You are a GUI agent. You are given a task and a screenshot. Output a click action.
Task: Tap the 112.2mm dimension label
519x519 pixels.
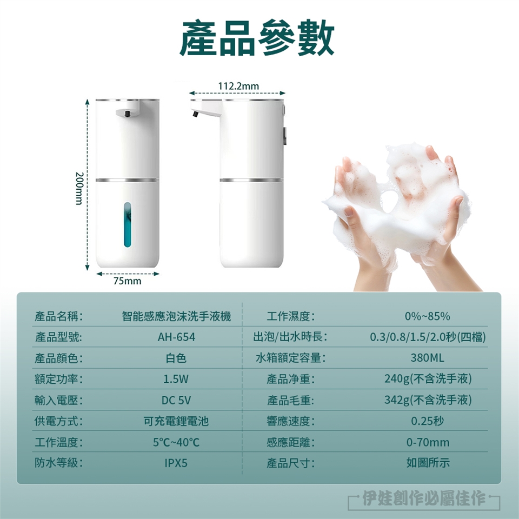[x=238, y=86]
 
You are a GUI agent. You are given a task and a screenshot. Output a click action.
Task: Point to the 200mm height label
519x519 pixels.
[x=79, y=188]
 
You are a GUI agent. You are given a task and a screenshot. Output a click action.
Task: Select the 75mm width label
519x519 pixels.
[x=127, y=281]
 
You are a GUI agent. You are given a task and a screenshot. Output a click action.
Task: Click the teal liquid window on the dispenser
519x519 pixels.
[x=128, y=225]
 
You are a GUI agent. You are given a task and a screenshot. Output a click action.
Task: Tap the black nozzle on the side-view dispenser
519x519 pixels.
[x=195, y=114]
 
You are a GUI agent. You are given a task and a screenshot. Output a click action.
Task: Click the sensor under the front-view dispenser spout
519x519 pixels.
[x=127, y=114]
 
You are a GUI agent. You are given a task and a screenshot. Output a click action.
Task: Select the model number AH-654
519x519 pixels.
[x=176, y=337]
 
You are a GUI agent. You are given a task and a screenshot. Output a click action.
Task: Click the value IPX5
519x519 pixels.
[x=176, y=463]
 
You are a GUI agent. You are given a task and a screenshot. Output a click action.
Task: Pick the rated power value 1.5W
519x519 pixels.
[x=176, y=378]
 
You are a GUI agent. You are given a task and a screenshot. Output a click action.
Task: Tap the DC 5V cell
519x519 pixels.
[x=176, y=400]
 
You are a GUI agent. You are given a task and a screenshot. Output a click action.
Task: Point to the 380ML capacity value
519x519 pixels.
[x=427, y=358]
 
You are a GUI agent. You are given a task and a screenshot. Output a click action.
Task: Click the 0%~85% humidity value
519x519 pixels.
[x=427, y=316]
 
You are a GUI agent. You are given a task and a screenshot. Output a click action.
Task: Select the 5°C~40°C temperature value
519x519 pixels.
[x=176, y=442]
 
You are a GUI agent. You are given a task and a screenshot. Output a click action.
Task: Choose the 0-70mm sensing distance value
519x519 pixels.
[x=428, y=442]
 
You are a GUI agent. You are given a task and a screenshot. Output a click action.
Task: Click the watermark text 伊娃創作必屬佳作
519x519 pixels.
[x=424, y=498]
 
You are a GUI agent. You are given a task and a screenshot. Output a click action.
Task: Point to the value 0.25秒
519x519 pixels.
[x=427, y=421]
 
